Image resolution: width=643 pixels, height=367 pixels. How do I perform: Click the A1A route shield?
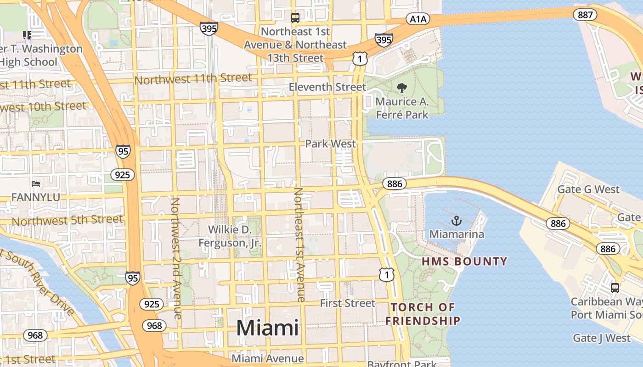click(x=417, y=19)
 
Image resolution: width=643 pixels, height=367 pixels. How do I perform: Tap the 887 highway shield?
click(x=585, y=15)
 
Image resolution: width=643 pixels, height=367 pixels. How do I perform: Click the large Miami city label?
click(x=267, y=328)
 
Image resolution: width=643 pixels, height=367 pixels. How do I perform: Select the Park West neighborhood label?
click(x=331, y=144)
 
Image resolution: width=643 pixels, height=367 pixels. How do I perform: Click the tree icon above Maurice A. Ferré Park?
click(x=402, y=88)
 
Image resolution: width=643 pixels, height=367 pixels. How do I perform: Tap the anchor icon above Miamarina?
click(x=456, y=221)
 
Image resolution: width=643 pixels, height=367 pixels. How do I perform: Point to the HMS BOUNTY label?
click(x=464, y=261)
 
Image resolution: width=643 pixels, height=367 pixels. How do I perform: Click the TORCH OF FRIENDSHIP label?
click(x=423, y=314)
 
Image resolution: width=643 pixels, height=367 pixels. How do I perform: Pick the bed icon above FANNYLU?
click(x=36, y=184)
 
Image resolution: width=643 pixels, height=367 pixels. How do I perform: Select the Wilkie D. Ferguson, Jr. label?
click(x=230, y=236)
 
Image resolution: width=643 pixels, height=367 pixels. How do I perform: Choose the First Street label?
click(x=347, y=303)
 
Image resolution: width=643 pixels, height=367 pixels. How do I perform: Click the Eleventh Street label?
click(x=327, y=87)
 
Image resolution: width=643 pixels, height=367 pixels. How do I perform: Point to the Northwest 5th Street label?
click(x=67, y=220)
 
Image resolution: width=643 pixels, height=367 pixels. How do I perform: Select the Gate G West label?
click(x=588, y=189)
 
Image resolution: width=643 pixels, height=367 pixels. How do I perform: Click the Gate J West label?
click(x=602, y=338)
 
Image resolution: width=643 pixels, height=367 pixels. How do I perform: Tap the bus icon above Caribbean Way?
click(x=615, y=288)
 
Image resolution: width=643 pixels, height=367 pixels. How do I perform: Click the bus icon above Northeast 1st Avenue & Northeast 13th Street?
click(x=295, y=18)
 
